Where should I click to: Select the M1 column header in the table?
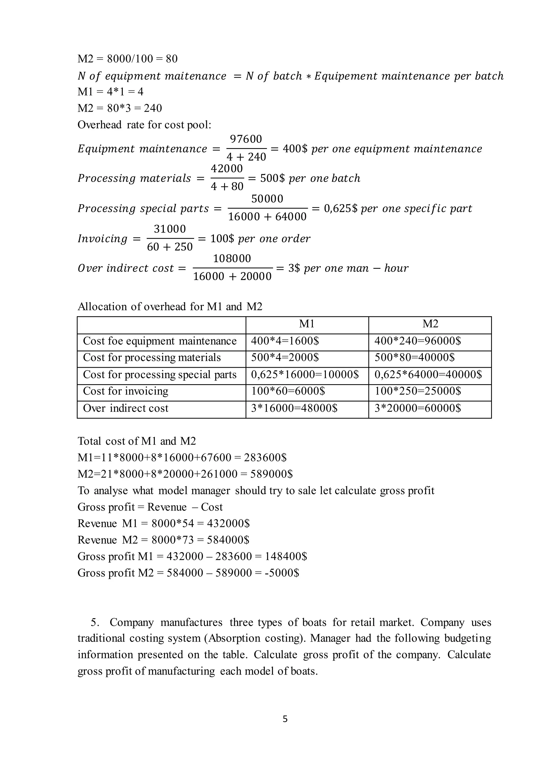(307, 324)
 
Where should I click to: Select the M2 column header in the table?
(430, 324)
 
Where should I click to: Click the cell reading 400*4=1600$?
(285, 341)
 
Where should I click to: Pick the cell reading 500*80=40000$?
(414, 358)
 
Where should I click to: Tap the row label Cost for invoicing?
(126, 391)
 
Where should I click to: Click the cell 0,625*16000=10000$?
(305, 375)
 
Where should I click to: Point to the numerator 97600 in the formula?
(246, 139)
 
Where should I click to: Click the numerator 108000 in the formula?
(232, 258)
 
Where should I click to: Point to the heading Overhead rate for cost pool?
(144, 125)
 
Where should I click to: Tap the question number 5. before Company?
(95, 622)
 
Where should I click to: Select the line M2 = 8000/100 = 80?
(127, 59)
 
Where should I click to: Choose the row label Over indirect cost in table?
(126, 408)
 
